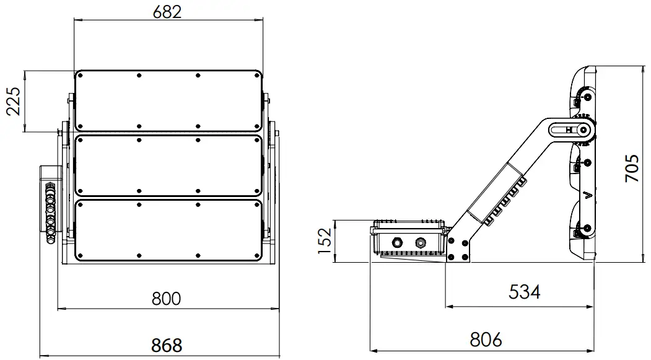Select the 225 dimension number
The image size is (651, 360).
(x=14, y=101)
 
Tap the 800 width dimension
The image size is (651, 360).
(x=166, y=299)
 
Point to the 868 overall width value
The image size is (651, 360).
(x=166, y=345)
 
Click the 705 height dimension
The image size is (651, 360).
(x=631, y=168)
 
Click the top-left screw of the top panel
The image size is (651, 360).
(x=79, y=76)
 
